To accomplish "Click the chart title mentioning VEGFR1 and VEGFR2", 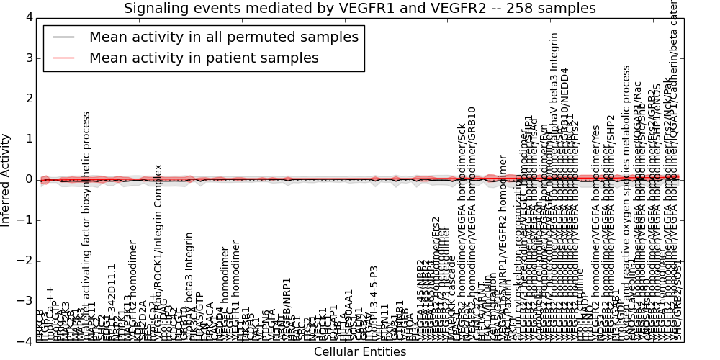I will pyautogui.click(x=359, y=9).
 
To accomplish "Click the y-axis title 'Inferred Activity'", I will pyautogui.click(x=6, y=179).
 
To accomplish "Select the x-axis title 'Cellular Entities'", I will pyautogui.click(x=359, y=351).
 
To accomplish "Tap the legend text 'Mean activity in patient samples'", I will pyautogui.click(x=204, y=58).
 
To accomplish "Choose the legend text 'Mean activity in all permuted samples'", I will pyautogui.click(x=223, y=37).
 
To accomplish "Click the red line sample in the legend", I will pyautogui.click(x=63, y=58).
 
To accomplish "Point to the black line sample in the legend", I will pyautogui.click(x=63, y=37).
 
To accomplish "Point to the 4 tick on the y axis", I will pyautogui.click(x=28, y=17).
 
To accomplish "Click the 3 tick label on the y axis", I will pyautogui.click(x=28, y=58).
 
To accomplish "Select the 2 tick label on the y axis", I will pyautogui.click(x=28, y=99).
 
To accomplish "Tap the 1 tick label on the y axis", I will pyautogui.click(x=28, y=139).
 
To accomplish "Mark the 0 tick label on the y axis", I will pyautogui.click(x=28, y=179).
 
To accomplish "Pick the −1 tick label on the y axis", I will pyautogui.click(x=25, y=220).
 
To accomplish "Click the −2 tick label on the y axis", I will pyautogui.click(x=25, y=261).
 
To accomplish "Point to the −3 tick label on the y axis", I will pyautogui.click(x=25, y=301).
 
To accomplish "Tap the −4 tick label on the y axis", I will pyautogui.click(x=25, y=341).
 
